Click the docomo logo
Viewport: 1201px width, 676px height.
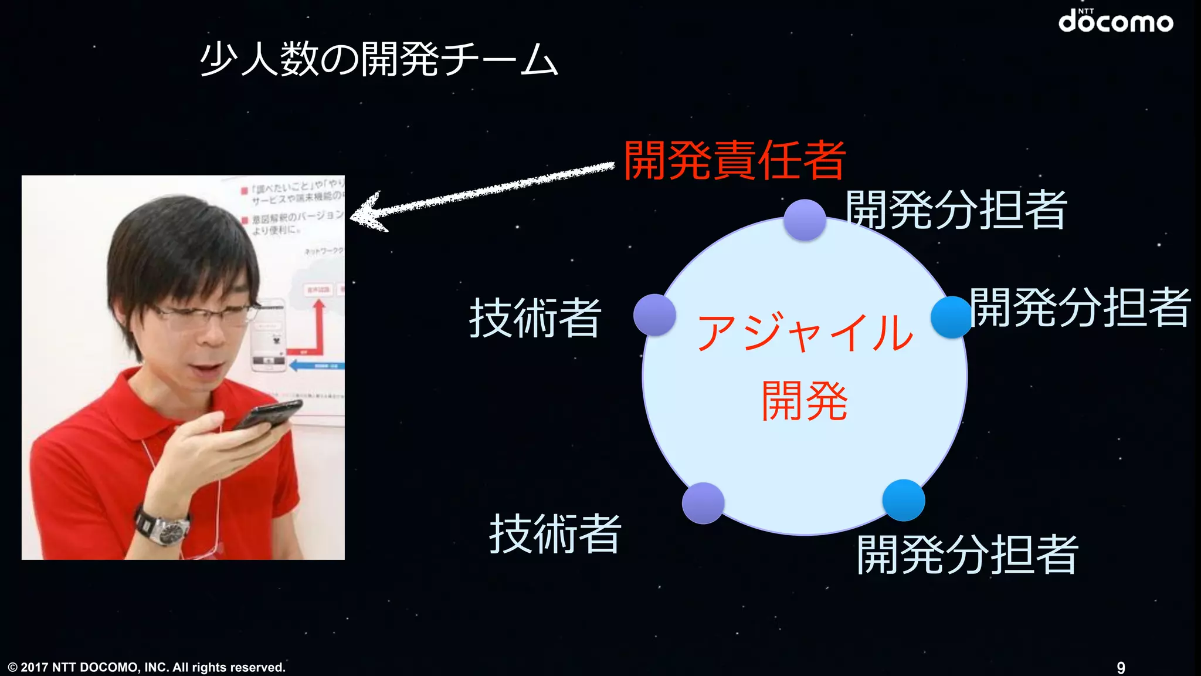click(x=1115, y=22)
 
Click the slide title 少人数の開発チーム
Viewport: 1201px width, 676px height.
click(x=378, y=60)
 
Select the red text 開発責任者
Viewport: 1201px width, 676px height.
click(x=734, y=160)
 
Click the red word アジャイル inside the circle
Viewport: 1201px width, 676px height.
click(x=805, y=332)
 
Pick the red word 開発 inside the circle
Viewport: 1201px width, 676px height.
click(x=805, y=401)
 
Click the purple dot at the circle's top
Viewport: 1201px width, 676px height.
click(x=805, y=220)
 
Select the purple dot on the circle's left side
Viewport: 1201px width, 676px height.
click(x=654, y=315)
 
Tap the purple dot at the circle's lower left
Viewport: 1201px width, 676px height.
click(x=703, y=503)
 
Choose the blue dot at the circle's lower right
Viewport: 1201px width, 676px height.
click(x=904, y=500)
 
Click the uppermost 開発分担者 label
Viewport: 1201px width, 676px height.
click(x=956, y=209)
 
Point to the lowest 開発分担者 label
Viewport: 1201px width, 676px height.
click(x=968, y=555)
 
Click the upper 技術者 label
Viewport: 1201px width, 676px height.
click(x=535, y=317)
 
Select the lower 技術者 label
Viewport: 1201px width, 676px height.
click(x=555, y=534)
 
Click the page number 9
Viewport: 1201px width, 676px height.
click(x=1121, y=668)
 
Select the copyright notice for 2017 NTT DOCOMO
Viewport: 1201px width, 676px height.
click(x=147, y=667)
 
